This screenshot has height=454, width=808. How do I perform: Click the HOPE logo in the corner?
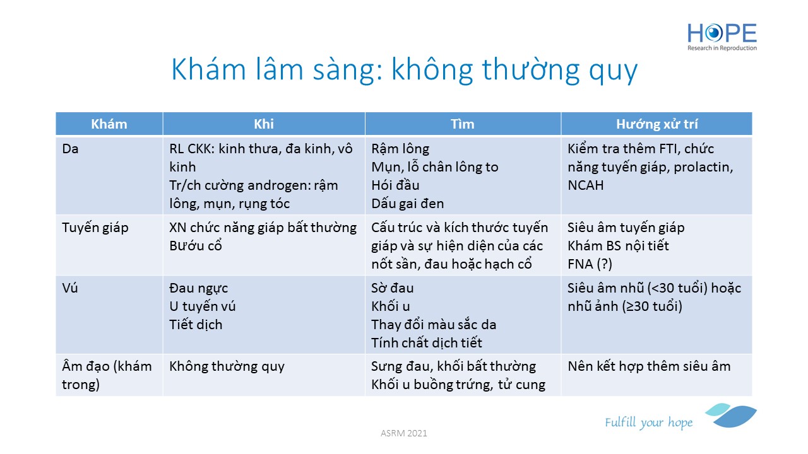click(x=722, y=37)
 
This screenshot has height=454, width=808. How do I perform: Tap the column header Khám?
click(x=109, y=124)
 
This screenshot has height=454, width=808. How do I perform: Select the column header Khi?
click(x=264, y=124)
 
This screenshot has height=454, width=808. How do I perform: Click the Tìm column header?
click(x=463, y=124)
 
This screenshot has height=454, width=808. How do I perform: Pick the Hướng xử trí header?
click(x=657, y=124)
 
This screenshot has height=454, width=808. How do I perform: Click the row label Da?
click(x=70, y=149)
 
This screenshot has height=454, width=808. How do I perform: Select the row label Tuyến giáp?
click(x=95, y=228)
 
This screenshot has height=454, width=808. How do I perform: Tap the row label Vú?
click(x=70, y=288)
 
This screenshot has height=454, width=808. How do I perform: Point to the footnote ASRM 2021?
click(x=403, y=433)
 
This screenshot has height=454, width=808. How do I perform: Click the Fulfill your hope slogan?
click(x=648, y=422)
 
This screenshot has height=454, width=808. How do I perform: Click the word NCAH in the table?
click(x=585, y=185)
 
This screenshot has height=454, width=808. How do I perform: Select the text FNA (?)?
click(x=590, y=264)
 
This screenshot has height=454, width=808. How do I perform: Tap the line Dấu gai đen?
click(x=408, y=204)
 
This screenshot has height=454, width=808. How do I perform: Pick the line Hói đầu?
click(x=395, y=185)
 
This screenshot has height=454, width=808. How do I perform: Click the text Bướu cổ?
click(x=196, y=246)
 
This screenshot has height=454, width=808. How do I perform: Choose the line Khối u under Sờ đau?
click(x=391, y=306)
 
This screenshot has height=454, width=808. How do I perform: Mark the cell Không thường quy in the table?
click(x=227, y=367)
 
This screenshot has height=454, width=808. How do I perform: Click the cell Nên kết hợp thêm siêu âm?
click(x=649, y=366)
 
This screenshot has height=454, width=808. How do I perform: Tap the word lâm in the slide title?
click(x=279, y=69)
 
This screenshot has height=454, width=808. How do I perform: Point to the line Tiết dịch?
click(x=196, y=325)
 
